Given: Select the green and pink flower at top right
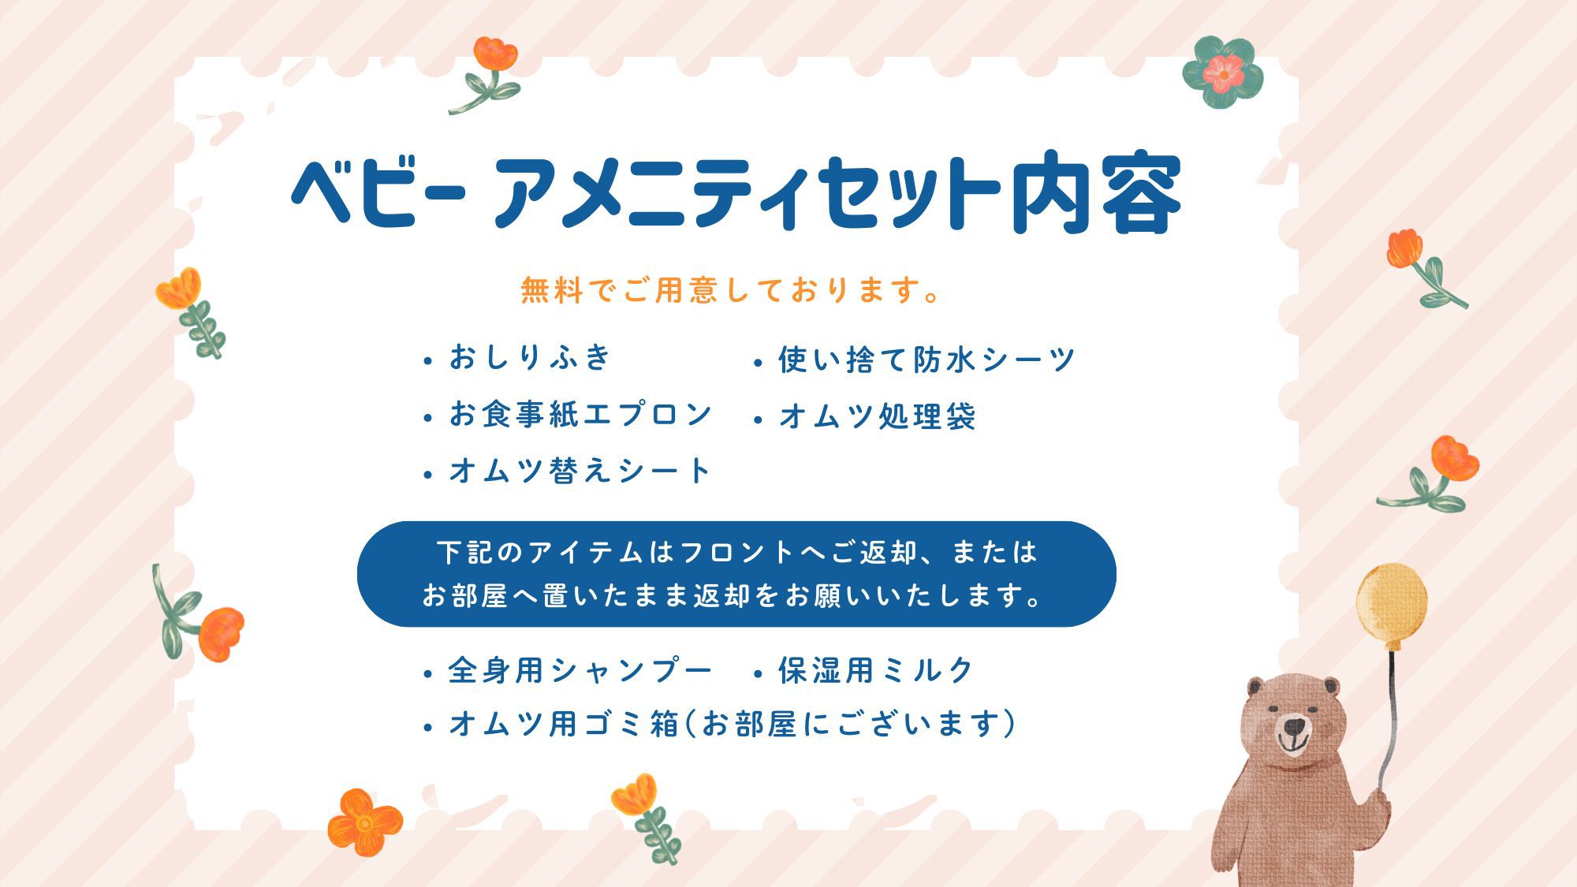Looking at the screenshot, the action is coord(1223,73).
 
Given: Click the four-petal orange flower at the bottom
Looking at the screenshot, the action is coord(365,822).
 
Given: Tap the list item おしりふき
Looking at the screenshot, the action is coord(531,357).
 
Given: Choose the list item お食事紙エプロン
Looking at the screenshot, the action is coord(580,414).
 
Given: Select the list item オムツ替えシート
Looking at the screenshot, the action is coord(580,471).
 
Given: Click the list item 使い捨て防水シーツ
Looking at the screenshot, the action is coord(926,360).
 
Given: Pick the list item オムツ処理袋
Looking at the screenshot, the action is coord(878,416).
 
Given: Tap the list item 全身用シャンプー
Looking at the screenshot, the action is coord(580,670).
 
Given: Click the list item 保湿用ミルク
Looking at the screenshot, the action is coord(877,670).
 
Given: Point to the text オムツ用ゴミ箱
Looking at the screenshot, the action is coord(564,723).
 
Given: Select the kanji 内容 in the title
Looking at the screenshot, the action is coord(1097,194).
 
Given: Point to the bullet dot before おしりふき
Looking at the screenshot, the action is coord(428,362).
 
